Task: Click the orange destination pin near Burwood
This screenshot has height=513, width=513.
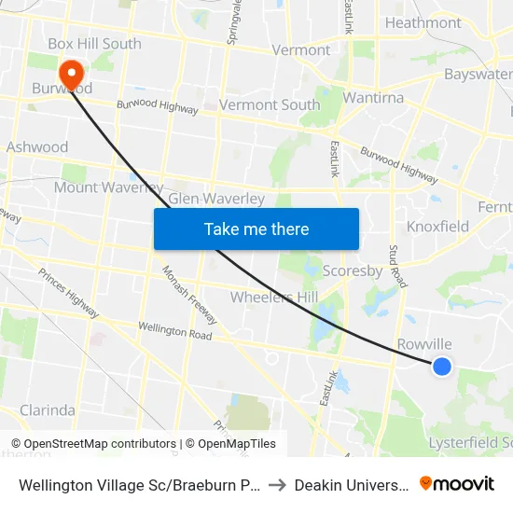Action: (71, 74)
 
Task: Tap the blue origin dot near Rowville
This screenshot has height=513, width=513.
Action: (442, 367)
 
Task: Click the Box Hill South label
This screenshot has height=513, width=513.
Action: (94, 44)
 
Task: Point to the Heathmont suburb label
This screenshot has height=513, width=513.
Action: (423, 22)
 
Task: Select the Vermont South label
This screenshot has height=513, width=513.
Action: (269, 104)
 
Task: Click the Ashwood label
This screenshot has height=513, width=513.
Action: (37, 146)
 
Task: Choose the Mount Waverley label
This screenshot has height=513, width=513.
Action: (108, 187)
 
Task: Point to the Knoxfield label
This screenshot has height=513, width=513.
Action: (437, 227)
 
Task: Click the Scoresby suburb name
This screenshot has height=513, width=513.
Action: (352, 271)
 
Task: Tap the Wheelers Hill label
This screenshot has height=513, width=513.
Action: (273, 297)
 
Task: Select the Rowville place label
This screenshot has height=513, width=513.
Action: (424, 344)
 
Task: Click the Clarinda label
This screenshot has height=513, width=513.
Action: (48, 409)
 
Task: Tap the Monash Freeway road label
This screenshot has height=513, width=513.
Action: (189, 295)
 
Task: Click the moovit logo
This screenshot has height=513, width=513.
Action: (457, 483)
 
